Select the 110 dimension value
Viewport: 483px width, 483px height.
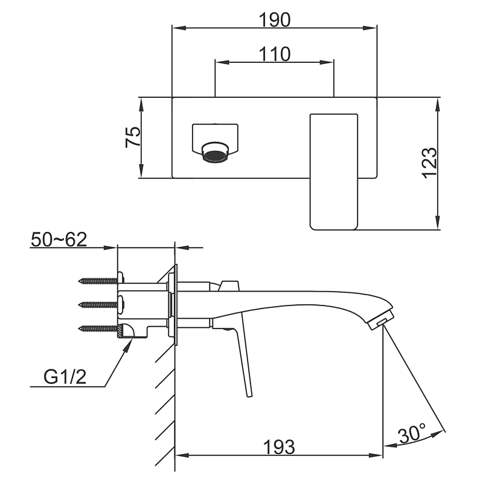[275, 54]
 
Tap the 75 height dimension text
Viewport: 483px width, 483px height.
[133, 138]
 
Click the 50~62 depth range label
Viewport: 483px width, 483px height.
[59, 239]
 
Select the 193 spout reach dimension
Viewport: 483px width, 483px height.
[278, 447]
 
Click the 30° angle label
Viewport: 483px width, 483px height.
[412, 433]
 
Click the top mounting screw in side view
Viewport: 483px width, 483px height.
[98, 281]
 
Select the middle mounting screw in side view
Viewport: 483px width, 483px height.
[98, 304]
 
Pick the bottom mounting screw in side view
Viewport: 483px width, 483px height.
[98, 328]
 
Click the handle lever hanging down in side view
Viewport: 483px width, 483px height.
[245, 362]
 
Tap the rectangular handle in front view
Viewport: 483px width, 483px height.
[333, 171]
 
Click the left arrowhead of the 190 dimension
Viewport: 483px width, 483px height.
[176, 28]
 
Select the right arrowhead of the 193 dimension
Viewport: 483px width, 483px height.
[379, 455]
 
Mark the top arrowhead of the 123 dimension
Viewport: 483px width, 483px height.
[437, 101]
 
